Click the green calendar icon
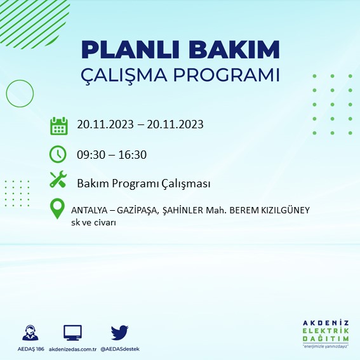coord(58,125)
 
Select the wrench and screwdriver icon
coord(58,180)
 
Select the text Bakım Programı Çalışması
coord(143,183)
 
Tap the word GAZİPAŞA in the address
coord(135,210)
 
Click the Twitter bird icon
coord(119,332)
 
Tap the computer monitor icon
coord(72,332)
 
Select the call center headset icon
coord(30,333)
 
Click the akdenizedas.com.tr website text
coord(72,350)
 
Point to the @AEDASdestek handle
coord(120,350)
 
